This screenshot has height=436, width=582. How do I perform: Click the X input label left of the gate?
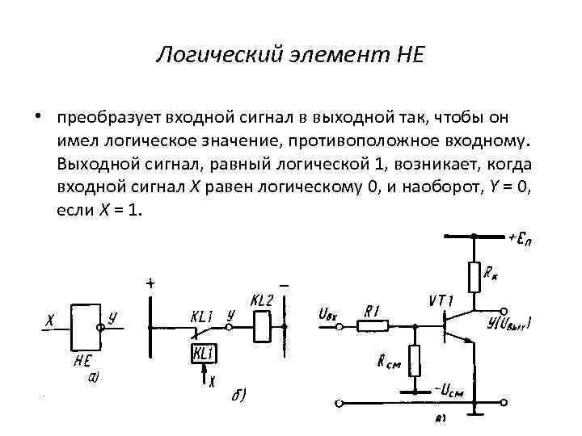[49, 321]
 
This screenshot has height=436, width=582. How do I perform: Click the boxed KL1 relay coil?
[203, 354]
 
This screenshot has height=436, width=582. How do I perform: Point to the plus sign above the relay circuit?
[150, 283]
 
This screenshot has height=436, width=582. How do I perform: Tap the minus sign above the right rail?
[285, 285]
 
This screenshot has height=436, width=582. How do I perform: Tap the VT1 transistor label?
[441, 301]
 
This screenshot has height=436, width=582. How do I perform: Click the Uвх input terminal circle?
[340, 327]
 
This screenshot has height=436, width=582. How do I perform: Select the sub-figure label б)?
[237, 396]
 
